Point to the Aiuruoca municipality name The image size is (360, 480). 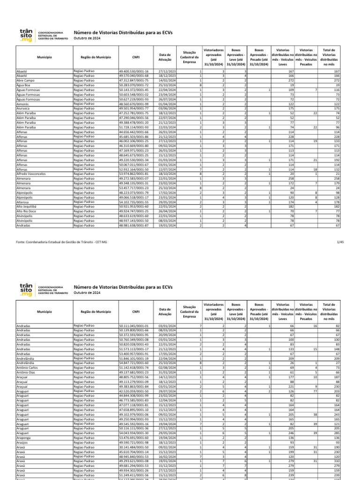point(23,108)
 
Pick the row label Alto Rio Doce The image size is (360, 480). point(26,210)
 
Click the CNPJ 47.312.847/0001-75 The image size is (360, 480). point(134,81)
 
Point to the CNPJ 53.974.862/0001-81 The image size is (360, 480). point(134,173)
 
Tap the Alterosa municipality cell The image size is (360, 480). point(23,201)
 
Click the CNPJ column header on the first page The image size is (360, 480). point(135,57)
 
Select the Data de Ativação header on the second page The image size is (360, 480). point(165,311)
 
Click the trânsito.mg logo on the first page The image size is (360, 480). point(26,35)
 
